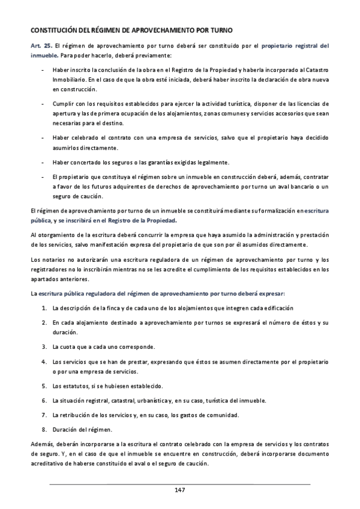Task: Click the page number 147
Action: point(179,490)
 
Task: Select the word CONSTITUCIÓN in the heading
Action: point(53,29)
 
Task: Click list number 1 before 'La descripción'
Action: point(44,308)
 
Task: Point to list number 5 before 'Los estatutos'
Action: point(44,385)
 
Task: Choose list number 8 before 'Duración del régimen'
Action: point(44,429)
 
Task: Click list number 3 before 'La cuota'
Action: point(44,346)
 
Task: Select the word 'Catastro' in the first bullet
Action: point(315,70)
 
